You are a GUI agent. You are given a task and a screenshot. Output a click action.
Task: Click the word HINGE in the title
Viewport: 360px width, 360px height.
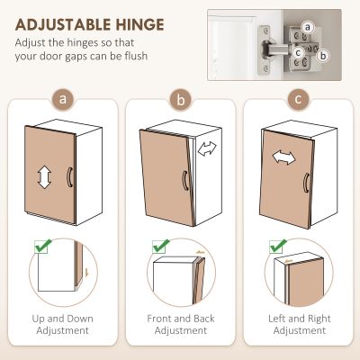point(140,24)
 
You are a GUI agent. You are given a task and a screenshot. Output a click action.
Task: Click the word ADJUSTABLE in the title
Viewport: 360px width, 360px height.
point(64,24)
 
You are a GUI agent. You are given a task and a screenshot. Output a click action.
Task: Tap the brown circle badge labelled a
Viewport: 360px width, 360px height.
point(62,99)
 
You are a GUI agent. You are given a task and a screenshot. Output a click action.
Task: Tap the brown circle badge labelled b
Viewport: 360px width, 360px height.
point(181,99)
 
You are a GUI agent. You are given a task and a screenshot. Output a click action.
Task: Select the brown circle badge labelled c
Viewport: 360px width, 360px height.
point(298,99)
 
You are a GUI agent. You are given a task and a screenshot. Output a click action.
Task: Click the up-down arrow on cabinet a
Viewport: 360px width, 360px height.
point(44,176)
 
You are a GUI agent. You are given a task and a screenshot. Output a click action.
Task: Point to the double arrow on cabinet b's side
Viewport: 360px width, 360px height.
point(207,148)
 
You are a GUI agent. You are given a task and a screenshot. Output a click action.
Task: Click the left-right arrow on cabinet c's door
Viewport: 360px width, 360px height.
point(283,157)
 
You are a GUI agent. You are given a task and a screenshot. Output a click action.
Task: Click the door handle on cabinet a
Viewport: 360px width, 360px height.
point(69,177)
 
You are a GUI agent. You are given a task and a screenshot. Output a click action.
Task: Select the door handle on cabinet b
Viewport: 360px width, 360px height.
point(185,181)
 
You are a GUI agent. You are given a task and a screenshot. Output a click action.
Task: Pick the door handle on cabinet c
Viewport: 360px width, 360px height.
point(306,183)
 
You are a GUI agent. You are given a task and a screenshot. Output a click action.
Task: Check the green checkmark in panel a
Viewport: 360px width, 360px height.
point(43,247)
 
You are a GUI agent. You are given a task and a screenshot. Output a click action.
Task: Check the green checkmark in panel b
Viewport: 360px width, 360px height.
point(161,247)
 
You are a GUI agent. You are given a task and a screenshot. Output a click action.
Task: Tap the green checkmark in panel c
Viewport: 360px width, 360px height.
point(278,247)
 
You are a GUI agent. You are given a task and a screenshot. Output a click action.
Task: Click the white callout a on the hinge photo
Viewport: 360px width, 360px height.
point(308,28)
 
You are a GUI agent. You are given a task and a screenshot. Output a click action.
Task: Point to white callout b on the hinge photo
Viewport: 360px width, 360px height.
point(323,56)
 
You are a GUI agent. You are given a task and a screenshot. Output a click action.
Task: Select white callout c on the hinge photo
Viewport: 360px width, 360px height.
point(298,53)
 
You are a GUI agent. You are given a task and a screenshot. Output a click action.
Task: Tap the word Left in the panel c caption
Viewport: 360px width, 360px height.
point(277,319)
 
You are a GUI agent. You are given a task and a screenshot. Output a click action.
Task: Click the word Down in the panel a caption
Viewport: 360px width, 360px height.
point(80,319)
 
